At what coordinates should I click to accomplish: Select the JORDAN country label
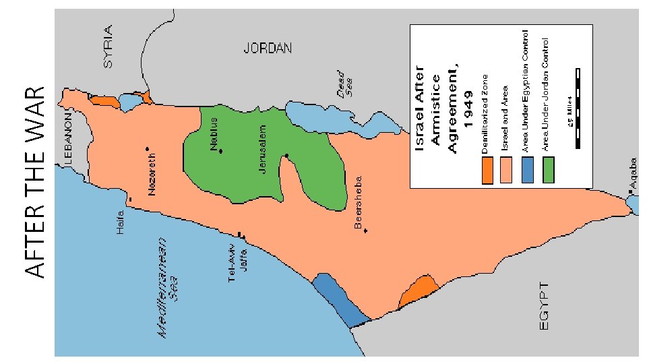point(268,49)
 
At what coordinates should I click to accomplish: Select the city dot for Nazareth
point(147,149)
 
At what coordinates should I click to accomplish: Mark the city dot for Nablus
point(220,151)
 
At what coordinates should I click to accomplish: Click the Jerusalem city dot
point(286,156)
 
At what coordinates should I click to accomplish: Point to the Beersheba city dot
point(365,231)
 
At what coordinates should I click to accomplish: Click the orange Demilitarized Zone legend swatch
point(488,171)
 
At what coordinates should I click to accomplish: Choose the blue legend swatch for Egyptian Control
point(527,171)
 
